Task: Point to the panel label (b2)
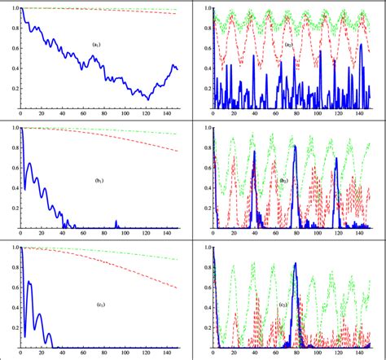point(285,181)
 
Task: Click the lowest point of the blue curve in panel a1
point(147,99)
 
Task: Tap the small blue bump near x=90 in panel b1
point(116,222)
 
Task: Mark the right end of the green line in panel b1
point(178,134)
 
